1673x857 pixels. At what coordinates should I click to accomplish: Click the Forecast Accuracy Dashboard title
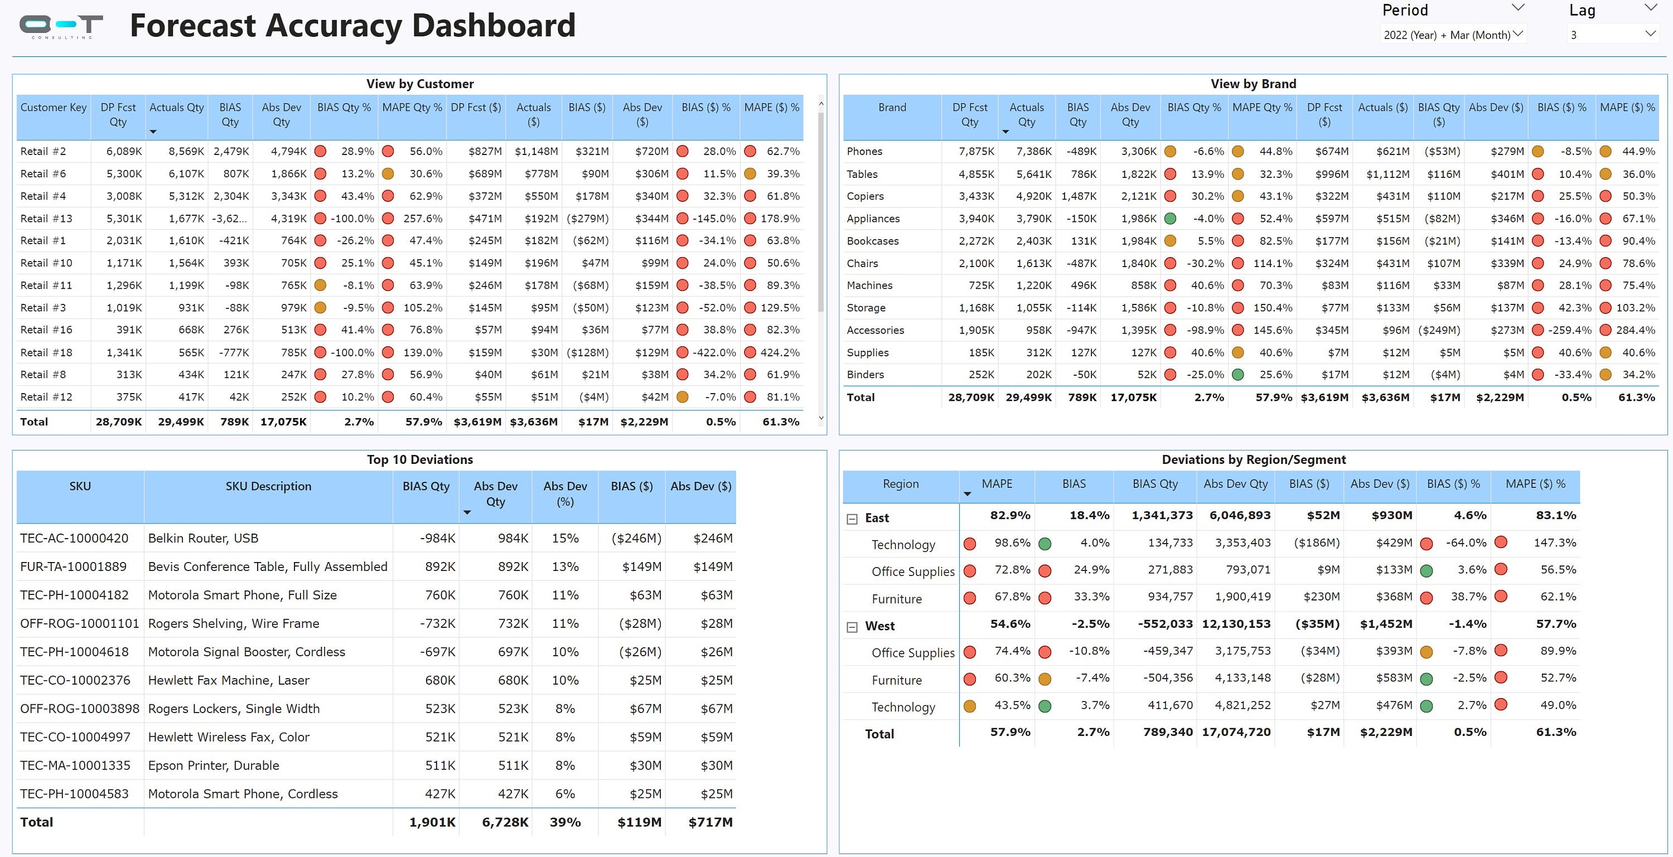[x=352, y=26]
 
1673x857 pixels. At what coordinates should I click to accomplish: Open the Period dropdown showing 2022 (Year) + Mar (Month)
[x=1452, y=35]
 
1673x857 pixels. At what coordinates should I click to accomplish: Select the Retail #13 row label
[x=46, y=218]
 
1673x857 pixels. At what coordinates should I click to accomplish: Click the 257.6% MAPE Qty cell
[x=422, y=218]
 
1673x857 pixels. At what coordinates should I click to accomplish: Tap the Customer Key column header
[x=53, y=108]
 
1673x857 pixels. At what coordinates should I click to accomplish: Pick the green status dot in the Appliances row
[x=1171, y=219]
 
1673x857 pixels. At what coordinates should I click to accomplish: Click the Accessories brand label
[x=875, y=330]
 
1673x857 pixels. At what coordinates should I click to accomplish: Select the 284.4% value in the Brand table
[x=1635, y=330]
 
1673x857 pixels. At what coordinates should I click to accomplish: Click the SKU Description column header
[x=268, y=486]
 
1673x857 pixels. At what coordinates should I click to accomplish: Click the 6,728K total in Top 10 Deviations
[x=505, y=822]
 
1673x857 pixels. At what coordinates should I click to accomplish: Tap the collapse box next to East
[x=852, y=519]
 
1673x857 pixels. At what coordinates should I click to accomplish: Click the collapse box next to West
[x=852, y=627]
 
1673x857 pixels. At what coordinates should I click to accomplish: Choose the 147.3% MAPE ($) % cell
[x=1554, y=543]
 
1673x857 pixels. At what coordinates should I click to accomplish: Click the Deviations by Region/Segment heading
[x=1253, y=459]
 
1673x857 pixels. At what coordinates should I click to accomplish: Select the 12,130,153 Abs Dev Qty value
[x=1236, y=624]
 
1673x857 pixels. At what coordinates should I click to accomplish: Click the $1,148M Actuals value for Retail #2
[x=536, y=151]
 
